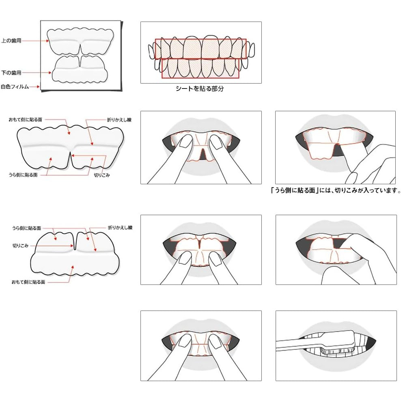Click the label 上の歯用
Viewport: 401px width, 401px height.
pos(11,41)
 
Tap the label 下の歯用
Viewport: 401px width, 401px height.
pos(11,73)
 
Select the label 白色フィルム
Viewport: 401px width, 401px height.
pos(15,86)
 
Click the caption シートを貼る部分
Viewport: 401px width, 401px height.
pos(199,89)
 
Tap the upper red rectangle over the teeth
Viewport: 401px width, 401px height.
pos(200,49)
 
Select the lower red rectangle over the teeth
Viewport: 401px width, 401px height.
pos(200,68)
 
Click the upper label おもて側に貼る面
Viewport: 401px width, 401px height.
pos(26,120)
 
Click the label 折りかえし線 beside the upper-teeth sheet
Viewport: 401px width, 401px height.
pos(119,120)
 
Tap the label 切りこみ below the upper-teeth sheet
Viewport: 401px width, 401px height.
pos(102,175)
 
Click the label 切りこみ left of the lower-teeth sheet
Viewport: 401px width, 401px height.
pos(19,246)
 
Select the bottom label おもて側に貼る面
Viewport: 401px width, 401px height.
pos(28,281)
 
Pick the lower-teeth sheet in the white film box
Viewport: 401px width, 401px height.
pos(80,70)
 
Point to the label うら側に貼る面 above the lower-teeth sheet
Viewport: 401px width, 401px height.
pos(26,228)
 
